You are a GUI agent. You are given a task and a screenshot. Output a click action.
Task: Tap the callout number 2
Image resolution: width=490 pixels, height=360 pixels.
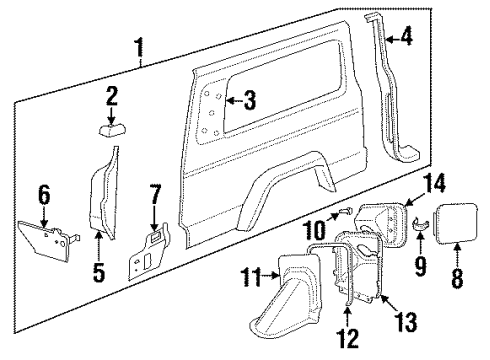pos(111,98)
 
